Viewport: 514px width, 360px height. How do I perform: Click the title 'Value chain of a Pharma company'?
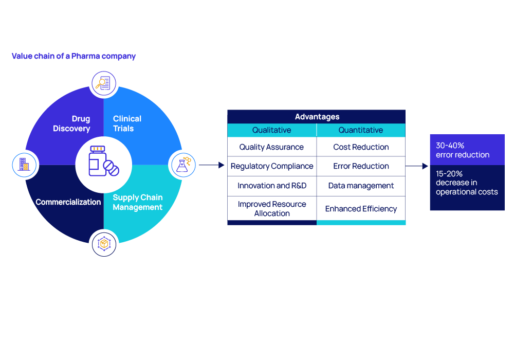(74, 56)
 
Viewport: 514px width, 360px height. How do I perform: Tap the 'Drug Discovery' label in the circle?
(71, 123)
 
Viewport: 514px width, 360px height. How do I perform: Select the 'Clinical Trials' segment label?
(127, 123)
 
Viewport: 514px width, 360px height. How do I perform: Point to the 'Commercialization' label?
(68, 202)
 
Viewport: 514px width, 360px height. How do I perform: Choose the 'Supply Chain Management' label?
(138, 202)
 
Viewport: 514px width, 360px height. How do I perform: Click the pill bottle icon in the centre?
(104, 161)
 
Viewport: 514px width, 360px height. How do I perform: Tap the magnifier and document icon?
(104, 83)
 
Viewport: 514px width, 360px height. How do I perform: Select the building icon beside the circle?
(24, 165)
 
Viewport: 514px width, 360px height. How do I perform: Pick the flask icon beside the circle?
(183, 165)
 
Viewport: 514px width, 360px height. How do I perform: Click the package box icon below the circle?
(104, 244)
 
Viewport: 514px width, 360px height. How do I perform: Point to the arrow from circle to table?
(211, 165)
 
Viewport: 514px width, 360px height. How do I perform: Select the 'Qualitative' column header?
(272, 130)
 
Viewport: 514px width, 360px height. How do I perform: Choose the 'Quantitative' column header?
(361, 130)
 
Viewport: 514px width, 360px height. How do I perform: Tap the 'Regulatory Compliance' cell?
(272, 166)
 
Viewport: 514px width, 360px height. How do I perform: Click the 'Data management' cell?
(361, 186)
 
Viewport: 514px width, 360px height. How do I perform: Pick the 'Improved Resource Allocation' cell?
(272, 208)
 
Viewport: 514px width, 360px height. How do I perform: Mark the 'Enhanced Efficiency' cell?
(361, 208)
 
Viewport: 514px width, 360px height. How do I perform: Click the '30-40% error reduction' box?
(467, 150)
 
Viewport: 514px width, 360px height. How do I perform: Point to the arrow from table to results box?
(417, 166)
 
